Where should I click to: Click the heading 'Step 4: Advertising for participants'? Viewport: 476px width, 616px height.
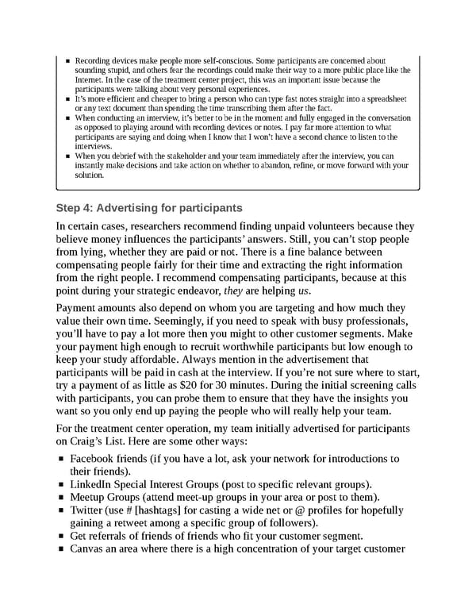click(x=149, y=209)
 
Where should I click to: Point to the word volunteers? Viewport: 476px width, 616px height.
click(x=323, y=226)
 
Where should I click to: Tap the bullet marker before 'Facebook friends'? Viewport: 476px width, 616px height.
click(x=61, y=459)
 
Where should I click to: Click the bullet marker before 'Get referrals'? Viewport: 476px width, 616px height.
click(x=61, y=537)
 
